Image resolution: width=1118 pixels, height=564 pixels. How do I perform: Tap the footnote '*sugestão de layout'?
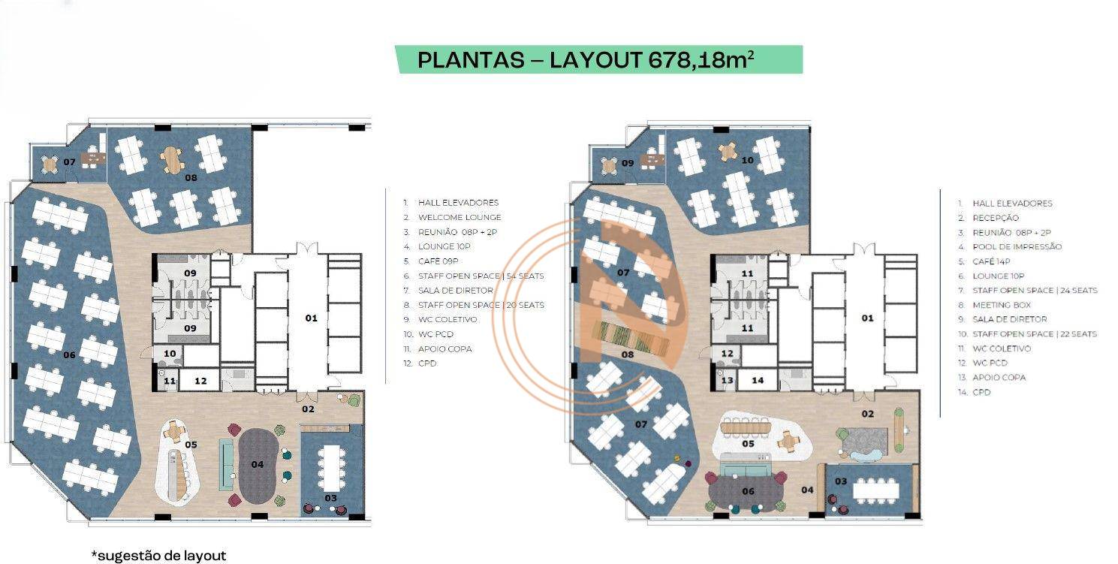[158, 556]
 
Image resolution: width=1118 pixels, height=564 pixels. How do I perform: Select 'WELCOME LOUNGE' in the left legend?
[459, 217]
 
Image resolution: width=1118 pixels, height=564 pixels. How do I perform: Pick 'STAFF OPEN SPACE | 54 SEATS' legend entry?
[481, 276]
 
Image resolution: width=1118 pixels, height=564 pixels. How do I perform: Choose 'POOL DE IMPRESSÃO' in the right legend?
[1017, 246]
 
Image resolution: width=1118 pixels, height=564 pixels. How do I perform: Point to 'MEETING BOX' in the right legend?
[1002, 305]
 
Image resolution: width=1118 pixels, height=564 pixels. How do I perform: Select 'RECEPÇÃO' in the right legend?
[996, 218]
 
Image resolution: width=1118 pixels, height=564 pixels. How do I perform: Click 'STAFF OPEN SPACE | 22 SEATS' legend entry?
[1034, 333]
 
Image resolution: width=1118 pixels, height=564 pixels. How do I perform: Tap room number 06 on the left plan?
[70, 354]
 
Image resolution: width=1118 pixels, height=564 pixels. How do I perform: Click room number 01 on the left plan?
[311, 318]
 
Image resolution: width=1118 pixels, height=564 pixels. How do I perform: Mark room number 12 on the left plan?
[200, 382]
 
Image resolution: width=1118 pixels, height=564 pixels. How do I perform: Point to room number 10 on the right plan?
[747, 160]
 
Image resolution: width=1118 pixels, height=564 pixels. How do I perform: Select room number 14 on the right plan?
[758, 381]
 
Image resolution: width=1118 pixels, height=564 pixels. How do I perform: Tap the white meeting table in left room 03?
[331, 466]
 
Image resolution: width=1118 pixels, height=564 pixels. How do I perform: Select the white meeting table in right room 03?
[875, 490]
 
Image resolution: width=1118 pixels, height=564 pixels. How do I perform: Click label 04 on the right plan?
[807, 490]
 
